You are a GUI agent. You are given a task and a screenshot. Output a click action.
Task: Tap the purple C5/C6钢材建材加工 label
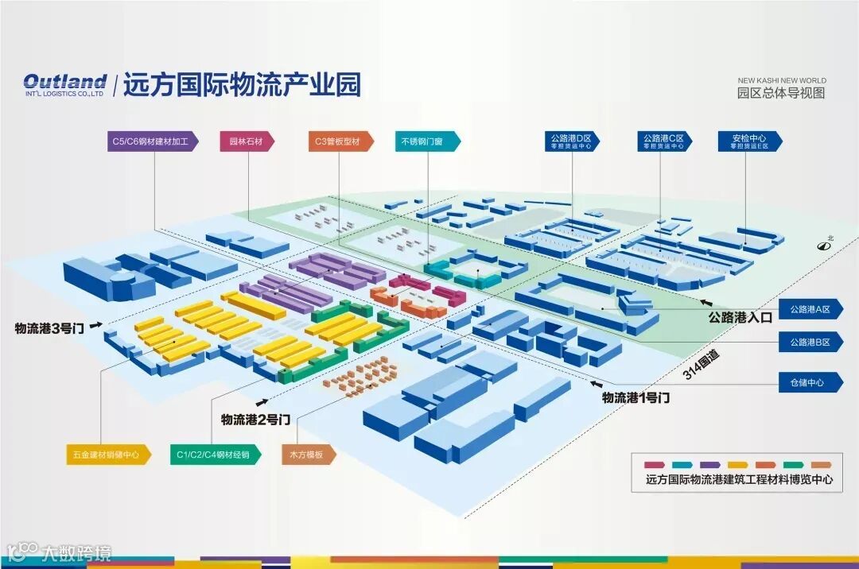pos(150,141)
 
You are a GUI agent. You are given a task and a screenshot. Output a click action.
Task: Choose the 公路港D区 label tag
pos(572,141)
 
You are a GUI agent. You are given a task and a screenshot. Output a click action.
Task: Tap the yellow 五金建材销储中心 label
pos(107,455)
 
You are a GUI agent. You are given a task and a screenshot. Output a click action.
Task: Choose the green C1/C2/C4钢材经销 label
pos(214,455)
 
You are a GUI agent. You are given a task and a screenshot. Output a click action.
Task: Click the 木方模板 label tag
pos(307,455)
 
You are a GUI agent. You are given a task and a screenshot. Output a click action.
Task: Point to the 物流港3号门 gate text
pos(50,327)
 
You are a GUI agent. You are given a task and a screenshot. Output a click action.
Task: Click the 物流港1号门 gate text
pos(636,397)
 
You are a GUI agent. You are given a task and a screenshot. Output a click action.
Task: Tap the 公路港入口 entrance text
pos(740,317)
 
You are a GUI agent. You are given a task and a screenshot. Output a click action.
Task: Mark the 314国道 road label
pos(701,366)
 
